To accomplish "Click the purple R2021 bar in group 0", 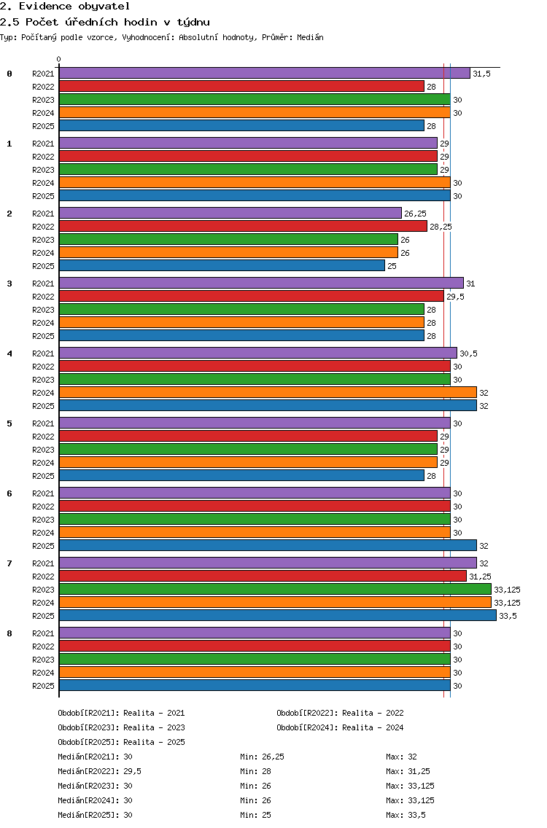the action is click(264, 74).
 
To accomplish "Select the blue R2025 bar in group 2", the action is click(222, 265).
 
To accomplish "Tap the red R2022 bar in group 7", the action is click(263, 576).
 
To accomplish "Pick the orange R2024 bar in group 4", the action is click(268, 392).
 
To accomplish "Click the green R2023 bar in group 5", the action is click(249, 450).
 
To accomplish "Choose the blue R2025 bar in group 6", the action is click(268, 545).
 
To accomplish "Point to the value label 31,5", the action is click(481, 74).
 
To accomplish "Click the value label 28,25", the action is click(441, 227).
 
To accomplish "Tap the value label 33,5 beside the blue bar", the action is click(508, 616).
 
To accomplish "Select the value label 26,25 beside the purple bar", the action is click(416, 214).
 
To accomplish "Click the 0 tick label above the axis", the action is click(58, 59).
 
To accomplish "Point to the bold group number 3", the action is click(9, 284).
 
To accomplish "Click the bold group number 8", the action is click(9, 633).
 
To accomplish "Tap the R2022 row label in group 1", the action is click(43, 157).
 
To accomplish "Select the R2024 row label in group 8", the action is click(43, 673).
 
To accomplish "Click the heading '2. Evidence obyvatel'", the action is click(65, 7).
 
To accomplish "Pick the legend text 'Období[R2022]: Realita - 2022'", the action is click(340, 713).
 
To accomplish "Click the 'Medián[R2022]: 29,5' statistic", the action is click(99, 771).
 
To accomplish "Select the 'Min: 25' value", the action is click(255, 816).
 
